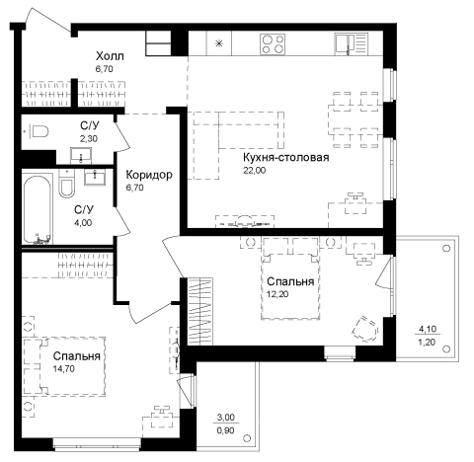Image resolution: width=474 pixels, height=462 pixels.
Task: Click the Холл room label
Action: click(110, 56)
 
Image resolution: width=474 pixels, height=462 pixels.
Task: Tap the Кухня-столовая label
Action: click(286, 157)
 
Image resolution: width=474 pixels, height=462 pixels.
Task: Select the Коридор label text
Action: click(149, 175)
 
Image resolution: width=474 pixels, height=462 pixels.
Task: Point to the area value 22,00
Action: click(255, 170)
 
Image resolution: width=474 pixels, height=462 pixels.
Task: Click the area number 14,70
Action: click(64, 369)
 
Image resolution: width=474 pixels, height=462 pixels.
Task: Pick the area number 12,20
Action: click(277, 294)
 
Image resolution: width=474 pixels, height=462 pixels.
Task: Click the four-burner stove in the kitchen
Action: click(273, 44)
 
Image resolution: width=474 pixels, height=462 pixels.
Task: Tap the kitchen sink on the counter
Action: click(351, 44)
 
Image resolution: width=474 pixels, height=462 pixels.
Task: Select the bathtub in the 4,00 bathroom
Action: click(38, 209)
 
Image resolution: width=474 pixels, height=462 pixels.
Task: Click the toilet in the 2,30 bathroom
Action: click(39, 132)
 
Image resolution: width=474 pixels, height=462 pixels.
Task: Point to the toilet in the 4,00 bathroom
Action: click(66, 185)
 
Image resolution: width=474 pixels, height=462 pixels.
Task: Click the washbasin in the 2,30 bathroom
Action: click(81, 155)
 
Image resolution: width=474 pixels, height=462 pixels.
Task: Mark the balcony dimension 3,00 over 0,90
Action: click(226, 423)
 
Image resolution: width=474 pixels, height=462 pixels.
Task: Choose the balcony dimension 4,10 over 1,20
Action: click(427, 336)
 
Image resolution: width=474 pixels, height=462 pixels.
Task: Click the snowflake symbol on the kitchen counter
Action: click(219, 43)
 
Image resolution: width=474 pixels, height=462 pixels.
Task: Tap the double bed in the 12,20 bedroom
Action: click(290, 278)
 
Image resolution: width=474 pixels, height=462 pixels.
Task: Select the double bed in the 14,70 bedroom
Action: click(64, 366)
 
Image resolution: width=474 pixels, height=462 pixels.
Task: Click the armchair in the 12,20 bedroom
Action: click(365, 329)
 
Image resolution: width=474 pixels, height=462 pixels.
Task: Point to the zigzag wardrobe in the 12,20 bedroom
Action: click(200, 312)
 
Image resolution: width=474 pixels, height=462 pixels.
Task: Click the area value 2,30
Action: click(89, 138)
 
